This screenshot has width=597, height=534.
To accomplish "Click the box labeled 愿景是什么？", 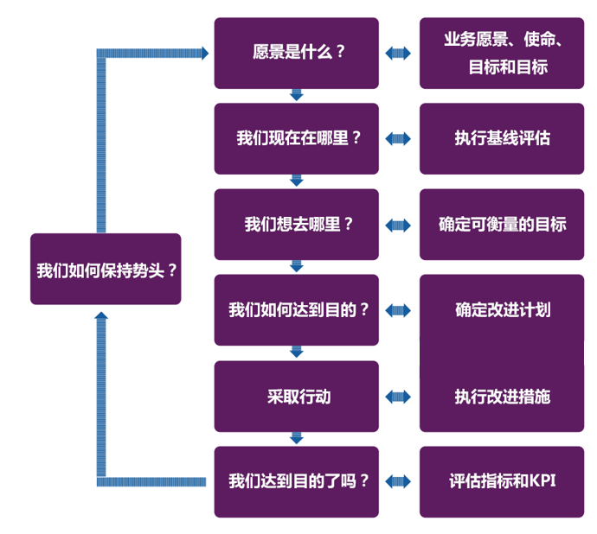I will (296, 53).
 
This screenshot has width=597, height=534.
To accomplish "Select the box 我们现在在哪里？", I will (296, 138).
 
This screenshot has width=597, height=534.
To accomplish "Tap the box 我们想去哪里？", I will (296, 225).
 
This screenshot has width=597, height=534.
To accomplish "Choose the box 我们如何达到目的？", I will (296, 310).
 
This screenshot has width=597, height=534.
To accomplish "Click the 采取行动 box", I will (296, 397).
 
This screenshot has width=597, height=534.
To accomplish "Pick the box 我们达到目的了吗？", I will (296, 481).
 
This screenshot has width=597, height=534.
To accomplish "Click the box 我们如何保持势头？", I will (106, 269).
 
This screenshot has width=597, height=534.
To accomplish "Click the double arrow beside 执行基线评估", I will (399, 138).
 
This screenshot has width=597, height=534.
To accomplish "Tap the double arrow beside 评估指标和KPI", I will (399, 481).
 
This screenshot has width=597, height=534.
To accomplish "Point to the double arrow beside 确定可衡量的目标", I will (399, 225).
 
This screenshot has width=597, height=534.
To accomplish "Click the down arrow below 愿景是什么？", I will (297, 95).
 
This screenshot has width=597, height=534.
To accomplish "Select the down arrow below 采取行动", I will (297, 438).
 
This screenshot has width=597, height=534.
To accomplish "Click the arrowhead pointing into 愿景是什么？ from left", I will (204, 54).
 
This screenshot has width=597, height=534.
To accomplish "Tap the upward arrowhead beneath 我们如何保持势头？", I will (101, 317).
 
